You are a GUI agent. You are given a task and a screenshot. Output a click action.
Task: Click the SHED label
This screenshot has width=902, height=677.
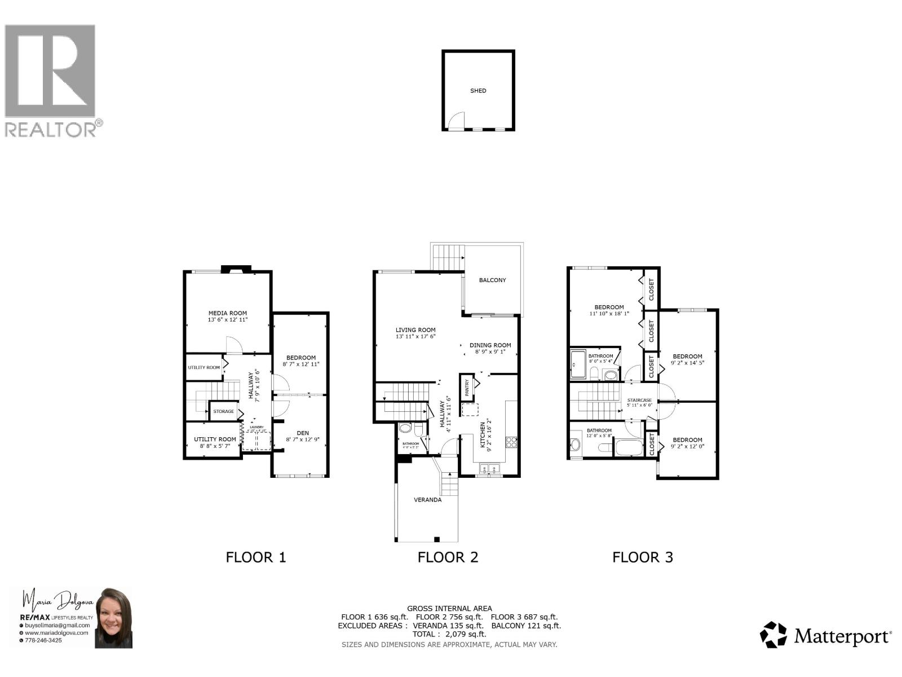478,90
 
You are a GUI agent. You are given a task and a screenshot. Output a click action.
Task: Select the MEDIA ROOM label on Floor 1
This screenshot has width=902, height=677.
228,313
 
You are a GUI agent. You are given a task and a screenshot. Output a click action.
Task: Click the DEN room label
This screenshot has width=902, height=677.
303,433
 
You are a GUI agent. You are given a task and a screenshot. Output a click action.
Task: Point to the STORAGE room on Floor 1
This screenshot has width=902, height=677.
223,411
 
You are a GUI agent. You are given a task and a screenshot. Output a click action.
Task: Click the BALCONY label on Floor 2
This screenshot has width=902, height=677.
492,280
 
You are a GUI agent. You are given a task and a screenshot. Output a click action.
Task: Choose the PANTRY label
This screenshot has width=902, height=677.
467,388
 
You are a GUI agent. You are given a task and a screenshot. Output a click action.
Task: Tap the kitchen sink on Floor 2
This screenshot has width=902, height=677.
488,468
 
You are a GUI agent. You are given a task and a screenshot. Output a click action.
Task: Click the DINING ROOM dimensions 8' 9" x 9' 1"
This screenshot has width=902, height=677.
490,351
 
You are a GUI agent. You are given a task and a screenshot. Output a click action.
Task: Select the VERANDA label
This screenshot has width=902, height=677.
427,499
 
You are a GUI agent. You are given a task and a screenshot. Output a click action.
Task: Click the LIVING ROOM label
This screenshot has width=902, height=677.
415,330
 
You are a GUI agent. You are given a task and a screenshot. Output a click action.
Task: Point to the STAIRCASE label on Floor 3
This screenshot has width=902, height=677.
639,400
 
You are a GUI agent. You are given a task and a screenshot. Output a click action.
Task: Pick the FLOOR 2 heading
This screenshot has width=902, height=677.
448,557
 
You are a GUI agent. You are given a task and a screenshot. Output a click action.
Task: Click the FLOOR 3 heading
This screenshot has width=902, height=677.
643,557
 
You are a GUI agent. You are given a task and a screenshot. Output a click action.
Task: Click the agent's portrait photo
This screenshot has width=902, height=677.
114,618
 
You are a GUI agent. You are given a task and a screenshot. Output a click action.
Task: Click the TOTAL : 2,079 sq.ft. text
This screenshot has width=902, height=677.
449,634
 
